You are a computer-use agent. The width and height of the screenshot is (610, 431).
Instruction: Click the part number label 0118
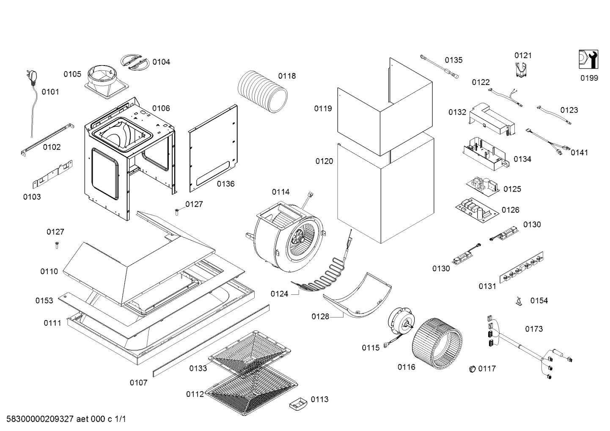click(x=287, y=76)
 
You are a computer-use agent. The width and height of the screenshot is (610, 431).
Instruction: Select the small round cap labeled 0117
click(x=472, y=368)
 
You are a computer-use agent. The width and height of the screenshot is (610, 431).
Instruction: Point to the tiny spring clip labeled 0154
click(x=518, y=301)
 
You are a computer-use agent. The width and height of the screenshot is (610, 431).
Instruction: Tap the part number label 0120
click(x=324, y=161)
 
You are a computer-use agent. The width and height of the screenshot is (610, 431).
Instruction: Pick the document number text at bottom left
click(x=63, y=420)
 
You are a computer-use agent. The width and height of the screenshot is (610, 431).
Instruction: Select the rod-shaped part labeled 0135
click(x=438, y=66)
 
